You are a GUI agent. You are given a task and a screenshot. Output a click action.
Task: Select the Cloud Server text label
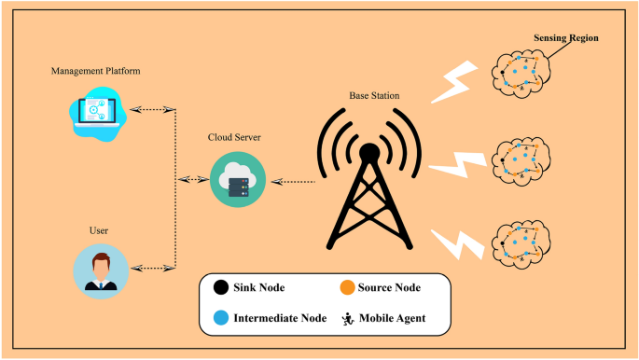(234, 137)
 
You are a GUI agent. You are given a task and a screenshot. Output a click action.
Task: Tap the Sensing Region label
(565, 38)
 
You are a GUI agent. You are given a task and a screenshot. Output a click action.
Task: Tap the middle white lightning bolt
(457, 168)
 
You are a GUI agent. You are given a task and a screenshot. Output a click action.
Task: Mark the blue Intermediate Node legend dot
(219, 318)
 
